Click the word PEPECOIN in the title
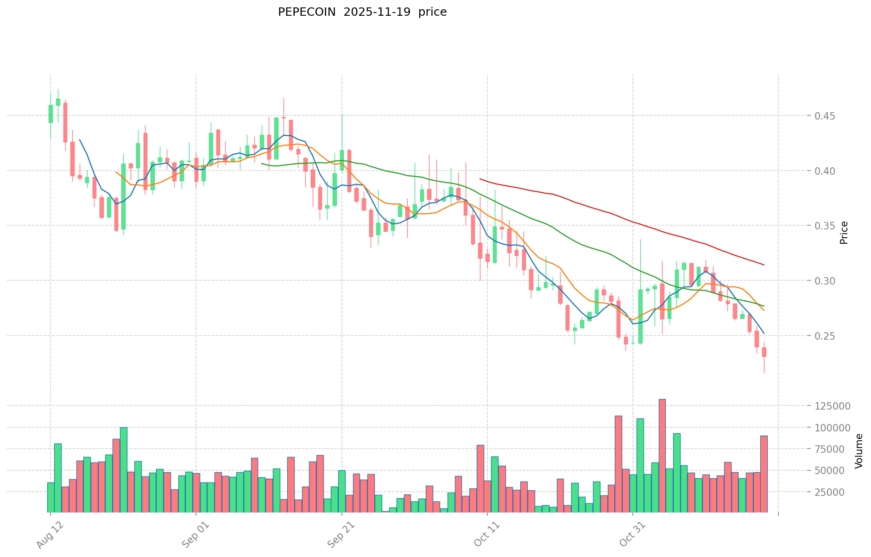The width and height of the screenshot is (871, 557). (x=307, y=12)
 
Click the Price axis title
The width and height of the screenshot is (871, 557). (x=844, y=233)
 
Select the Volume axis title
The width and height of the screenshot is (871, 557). (x=859, y=451)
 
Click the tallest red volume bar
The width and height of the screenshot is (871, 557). (x=662, y=456)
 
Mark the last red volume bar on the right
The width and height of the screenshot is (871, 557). (x=764, y=474)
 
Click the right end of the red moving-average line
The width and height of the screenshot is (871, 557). (x=764, y=265)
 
